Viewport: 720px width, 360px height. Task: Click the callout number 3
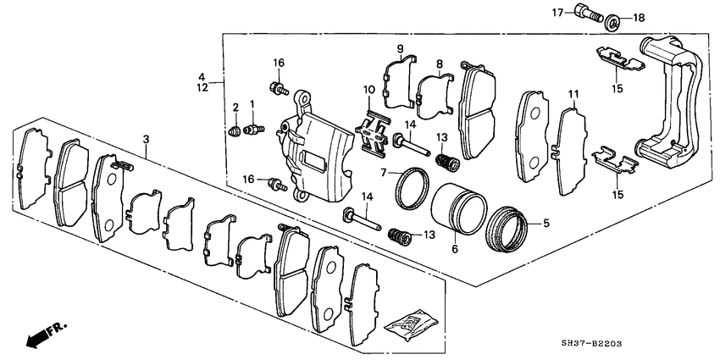point(147,138)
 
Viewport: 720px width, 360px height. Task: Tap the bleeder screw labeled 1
point(252,129)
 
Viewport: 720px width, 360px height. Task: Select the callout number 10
point(368,91)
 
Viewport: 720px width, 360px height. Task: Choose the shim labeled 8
point(435,91)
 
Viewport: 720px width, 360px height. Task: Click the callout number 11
point(573,93)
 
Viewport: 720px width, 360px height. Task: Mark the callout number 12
point(202,87)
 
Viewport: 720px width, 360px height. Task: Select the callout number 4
point(202,75)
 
